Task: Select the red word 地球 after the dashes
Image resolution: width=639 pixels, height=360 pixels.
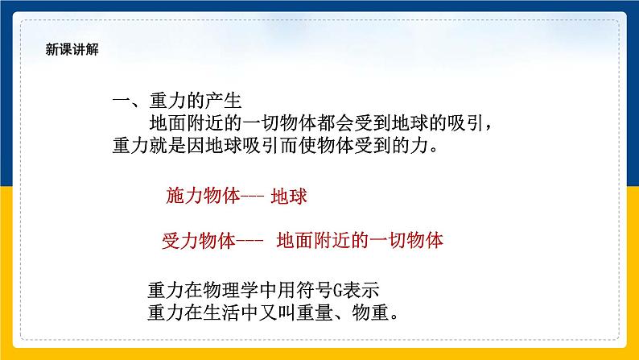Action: pos(290,196)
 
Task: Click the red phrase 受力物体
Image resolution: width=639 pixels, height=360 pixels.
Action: pos(198,240)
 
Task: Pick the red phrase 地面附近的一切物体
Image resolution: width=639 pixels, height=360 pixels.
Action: pos(359,240)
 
